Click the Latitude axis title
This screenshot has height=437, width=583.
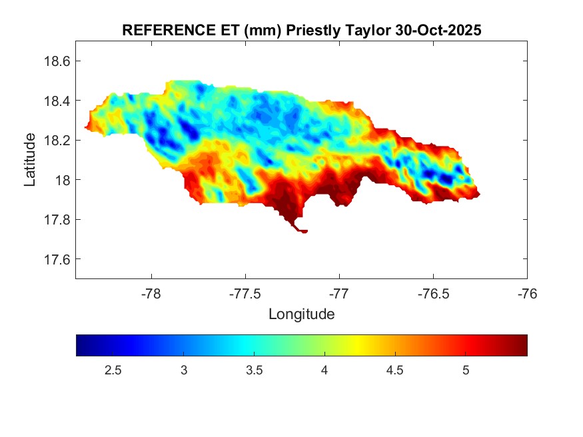[30, 159]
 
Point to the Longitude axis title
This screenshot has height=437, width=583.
[301, 314]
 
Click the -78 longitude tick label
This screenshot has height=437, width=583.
[151, 292]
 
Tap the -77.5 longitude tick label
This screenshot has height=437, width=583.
[245, 292]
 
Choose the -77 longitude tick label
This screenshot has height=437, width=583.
[339, 292]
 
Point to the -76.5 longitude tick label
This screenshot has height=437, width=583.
[433, 292]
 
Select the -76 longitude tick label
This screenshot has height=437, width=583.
[527, 292]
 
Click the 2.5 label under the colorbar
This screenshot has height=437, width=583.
[113, 370]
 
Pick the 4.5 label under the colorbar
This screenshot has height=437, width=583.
[395, 370]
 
